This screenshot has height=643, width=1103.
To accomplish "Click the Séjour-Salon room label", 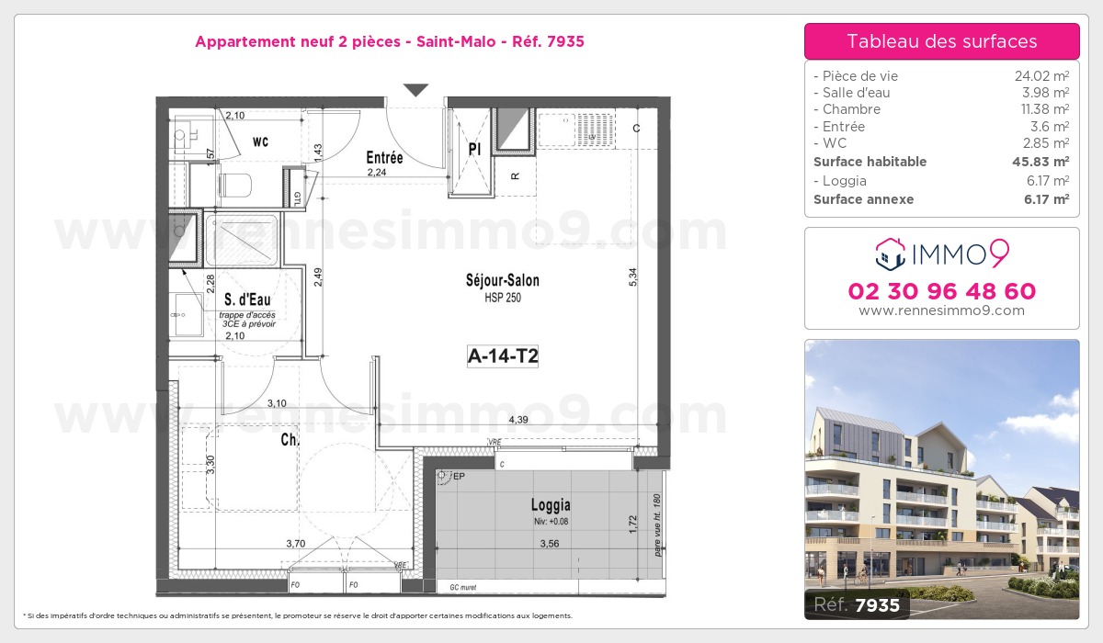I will pyautogui.click(x=503, y=281).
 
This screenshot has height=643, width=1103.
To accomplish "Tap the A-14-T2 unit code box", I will pyautogui.click(x=502, y=357).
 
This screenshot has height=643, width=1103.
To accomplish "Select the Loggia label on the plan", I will pyautogui.click(x=551, y=504).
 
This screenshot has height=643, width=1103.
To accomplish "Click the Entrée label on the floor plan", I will pyautogui.click(x=384, y=157).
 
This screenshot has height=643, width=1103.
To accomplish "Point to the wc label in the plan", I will pyautogui.click(x=260, y=141).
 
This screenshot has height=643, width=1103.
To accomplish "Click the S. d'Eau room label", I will pyautogui.click(x=248, y=299).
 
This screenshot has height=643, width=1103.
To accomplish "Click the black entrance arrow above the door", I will pyautogui.click(x=416, y=90).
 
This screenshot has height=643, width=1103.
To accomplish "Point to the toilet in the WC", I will pyautogui.click(x=233, y=185).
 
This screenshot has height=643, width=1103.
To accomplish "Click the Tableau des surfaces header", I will pyautogui.click(x=942, y=41).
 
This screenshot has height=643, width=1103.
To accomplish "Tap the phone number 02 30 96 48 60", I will pyautogui.click(x=942, y=292).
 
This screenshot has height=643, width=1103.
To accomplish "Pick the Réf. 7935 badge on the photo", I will pyautogui.click(x=857, y=604).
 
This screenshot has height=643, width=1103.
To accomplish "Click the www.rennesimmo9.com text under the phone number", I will pyautogui.click(x=942, y=310).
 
